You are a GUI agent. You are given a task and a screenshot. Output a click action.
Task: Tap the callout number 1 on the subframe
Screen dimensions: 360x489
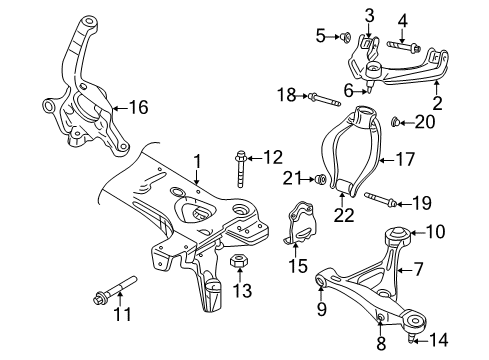pos(198,160)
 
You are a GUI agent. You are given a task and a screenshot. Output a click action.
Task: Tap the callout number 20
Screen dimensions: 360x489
pos(427,123)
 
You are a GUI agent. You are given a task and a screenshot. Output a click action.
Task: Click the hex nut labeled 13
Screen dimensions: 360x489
pos(240,263)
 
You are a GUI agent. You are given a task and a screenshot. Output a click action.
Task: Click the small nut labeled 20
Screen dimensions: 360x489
pos(396,123)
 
